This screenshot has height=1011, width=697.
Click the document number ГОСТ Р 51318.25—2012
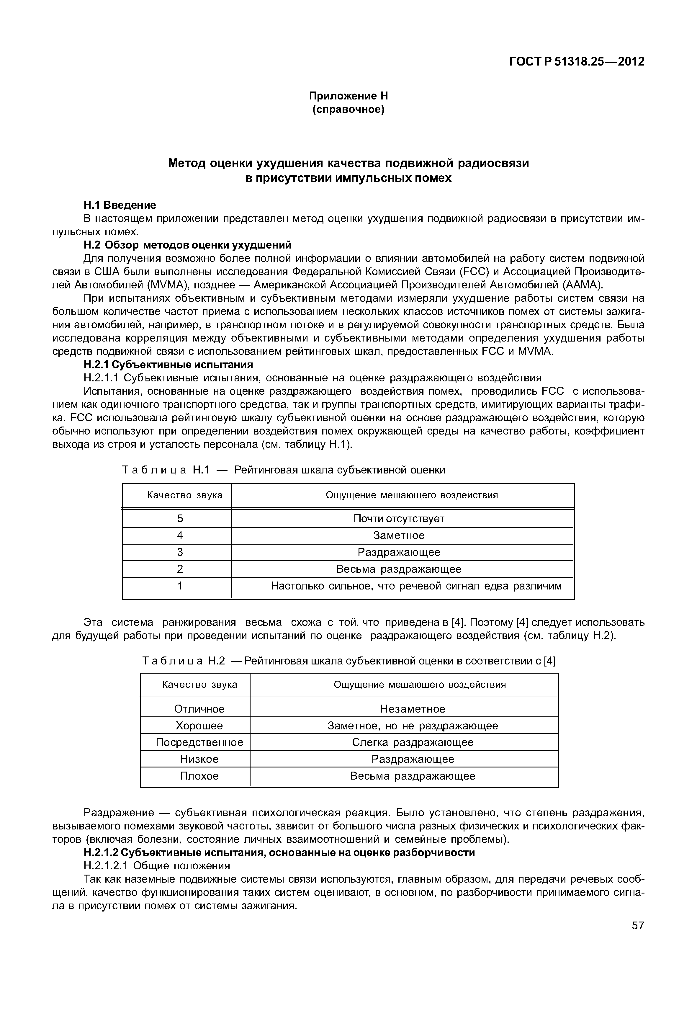[577, 62]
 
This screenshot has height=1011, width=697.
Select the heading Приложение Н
[348, 95]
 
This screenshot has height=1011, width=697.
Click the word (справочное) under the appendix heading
[348, 109]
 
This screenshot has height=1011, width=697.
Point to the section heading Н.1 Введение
[120, 205]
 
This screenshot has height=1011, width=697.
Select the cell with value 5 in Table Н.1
[180, 519]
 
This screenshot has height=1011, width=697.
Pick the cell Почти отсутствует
[398, 519]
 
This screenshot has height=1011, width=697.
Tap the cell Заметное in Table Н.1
[398, 535]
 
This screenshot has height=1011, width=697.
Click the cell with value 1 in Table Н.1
[180, 585]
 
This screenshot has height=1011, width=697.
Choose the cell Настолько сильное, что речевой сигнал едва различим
[416, 585]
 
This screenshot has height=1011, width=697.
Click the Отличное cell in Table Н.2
[199, 709]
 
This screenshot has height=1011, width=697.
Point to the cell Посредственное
[199, 742]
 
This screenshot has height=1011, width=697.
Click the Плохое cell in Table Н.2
[199, 776]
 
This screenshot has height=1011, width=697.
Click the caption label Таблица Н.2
[184, 661]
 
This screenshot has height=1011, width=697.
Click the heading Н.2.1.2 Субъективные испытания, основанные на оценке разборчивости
[279, 852]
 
